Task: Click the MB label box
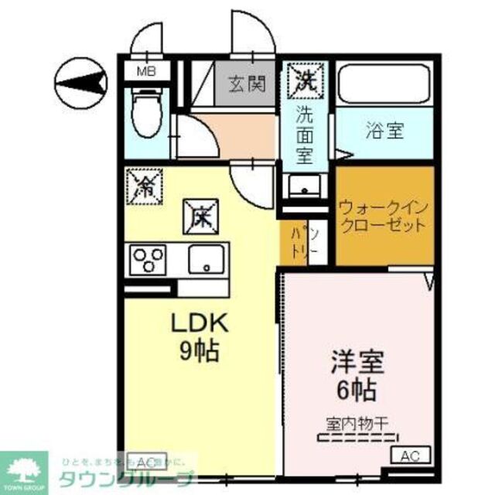tap(145, 72)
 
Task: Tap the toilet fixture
tap(144, 114)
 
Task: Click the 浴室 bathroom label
tap(384, 131)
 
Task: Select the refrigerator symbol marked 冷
tap(144, 185)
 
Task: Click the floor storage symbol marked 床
tap(200, 216)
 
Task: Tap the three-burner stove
tap(149, 258)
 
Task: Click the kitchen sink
tap(207, 258)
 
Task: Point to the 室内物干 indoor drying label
tap(357, 423)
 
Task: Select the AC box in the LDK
tap(142, 458)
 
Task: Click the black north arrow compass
tap(82, 80)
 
